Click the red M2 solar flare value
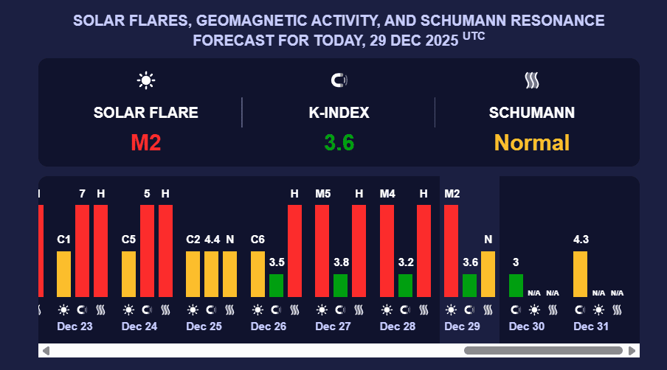[x=145, y=142]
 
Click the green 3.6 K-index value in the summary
[x=339, y=142]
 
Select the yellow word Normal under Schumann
[x=531, y=142]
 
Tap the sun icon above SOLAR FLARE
[x=145, y=80]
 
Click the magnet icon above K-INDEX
[x=339, y=80]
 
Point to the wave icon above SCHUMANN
[x=531, y=80]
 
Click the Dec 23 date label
[x=75, y=326]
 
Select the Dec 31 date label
[x=591, y=326]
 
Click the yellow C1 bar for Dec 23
[x=64, y=273]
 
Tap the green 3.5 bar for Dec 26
[x=276, y=285]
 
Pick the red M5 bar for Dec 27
[x=322, y=251]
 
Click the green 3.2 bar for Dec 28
[x=405, y=285]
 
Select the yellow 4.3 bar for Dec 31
[x=581, y=273]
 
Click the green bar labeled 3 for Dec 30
[x=516, y=285]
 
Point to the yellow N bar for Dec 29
[x=488, y=273]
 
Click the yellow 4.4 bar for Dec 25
[x=212, y=273]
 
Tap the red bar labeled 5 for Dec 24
[x=147, y=251]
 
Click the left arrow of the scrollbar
[x=46, y=350]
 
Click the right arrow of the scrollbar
[x=632, y=350]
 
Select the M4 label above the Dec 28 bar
[x=387, y=194]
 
